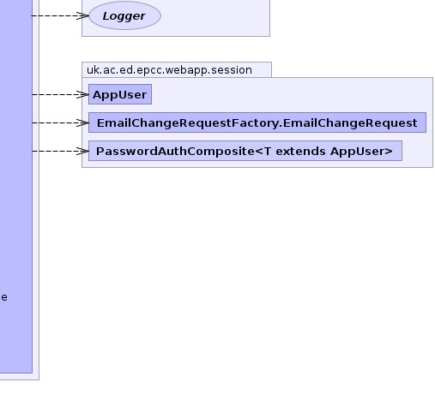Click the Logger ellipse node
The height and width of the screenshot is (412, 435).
(x=124, y=15)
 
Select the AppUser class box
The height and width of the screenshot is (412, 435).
(x=120, y=94)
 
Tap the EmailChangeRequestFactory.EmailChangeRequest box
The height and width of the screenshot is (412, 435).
(x=257, y=122)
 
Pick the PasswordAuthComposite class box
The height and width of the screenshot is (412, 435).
(x=245, y=151)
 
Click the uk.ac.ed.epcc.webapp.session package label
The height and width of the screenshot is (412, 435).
(x=169, y=70)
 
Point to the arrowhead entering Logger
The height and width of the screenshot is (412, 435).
(x=83, y=15)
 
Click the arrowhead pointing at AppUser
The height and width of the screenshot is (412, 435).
(x=83, y=94)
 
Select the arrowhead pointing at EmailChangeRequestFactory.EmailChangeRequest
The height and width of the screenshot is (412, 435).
(x=83, y=122)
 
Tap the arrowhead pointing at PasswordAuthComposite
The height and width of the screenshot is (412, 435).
(x=83, y=151)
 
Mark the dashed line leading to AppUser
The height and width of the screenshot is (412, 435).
(x=60, y=94)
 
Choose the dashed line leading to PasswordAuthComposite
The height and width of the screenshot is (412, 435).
(x=60, y=151)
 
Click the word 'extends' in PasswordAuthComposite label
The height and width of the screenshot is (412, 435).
(x=300, y=151)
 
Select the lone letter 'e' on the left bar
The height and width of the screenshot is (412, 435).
(x=4, y=297)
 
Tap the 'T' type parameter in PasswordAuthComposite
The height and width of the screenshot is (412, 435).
(x=268, y=151)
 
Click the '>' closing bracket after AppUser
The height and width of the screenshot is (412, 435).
(x=389, y=151)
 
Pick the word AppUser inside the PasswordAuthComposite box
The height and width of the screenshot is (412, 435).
(x=358, y=152)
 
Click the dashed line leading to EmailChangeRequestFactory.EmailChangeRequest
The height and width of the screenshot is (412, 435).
(x=60, y=122)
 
